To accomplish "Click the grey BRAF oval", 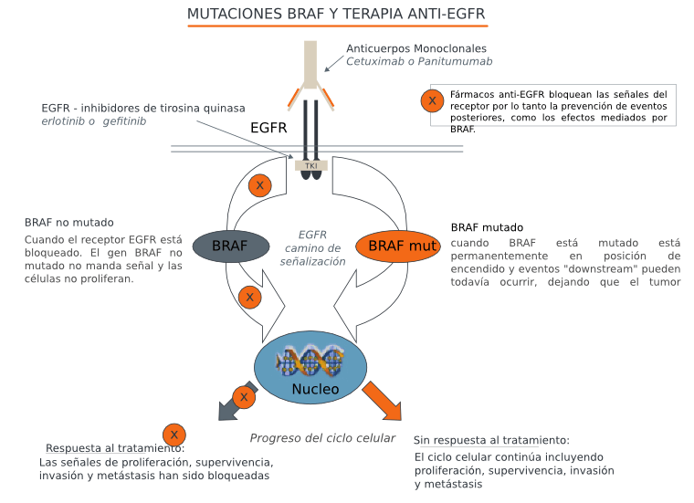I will [230, 246].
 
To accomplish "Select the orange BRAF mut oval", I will [399, 246].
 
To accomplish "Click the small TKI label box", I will [310, 165].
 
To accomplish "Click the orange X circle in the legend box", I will [433, 101].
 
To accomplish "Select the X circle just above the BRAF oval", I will [260, 186].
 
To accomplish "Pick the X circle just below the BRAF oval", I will [249, 298].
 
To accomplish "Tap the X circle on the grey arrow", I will [243, 397].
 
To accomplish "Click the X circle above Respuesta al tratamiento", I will [174, 435].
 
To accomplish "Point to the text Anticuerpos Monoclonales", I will [416, 48].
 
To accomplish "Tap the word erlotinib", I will [63, 121].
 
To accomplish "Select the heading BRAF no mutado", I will [69, 222].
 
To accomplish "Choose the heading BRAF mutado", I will [488, 227].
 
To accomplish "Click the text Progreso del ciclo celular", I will [322, 438].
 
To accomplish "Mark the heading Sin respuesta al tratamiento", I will [491, 440].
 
